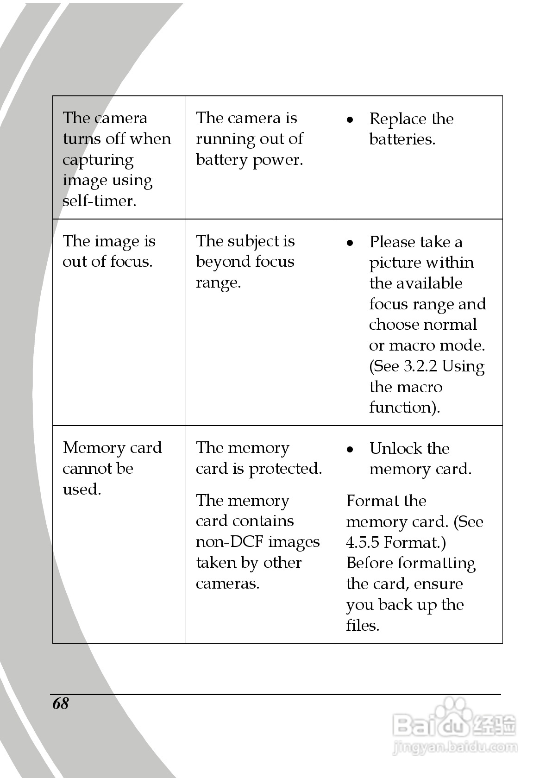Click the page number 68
pos(61,703)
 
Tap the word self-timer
pos(99,201)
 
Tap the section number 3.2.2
pos(420,366)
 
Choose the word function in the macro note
pos(403,408)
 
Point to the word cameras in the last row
pos(227,583)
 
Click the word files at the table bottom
pos(362,626)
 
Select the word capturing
pos(98,160)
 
